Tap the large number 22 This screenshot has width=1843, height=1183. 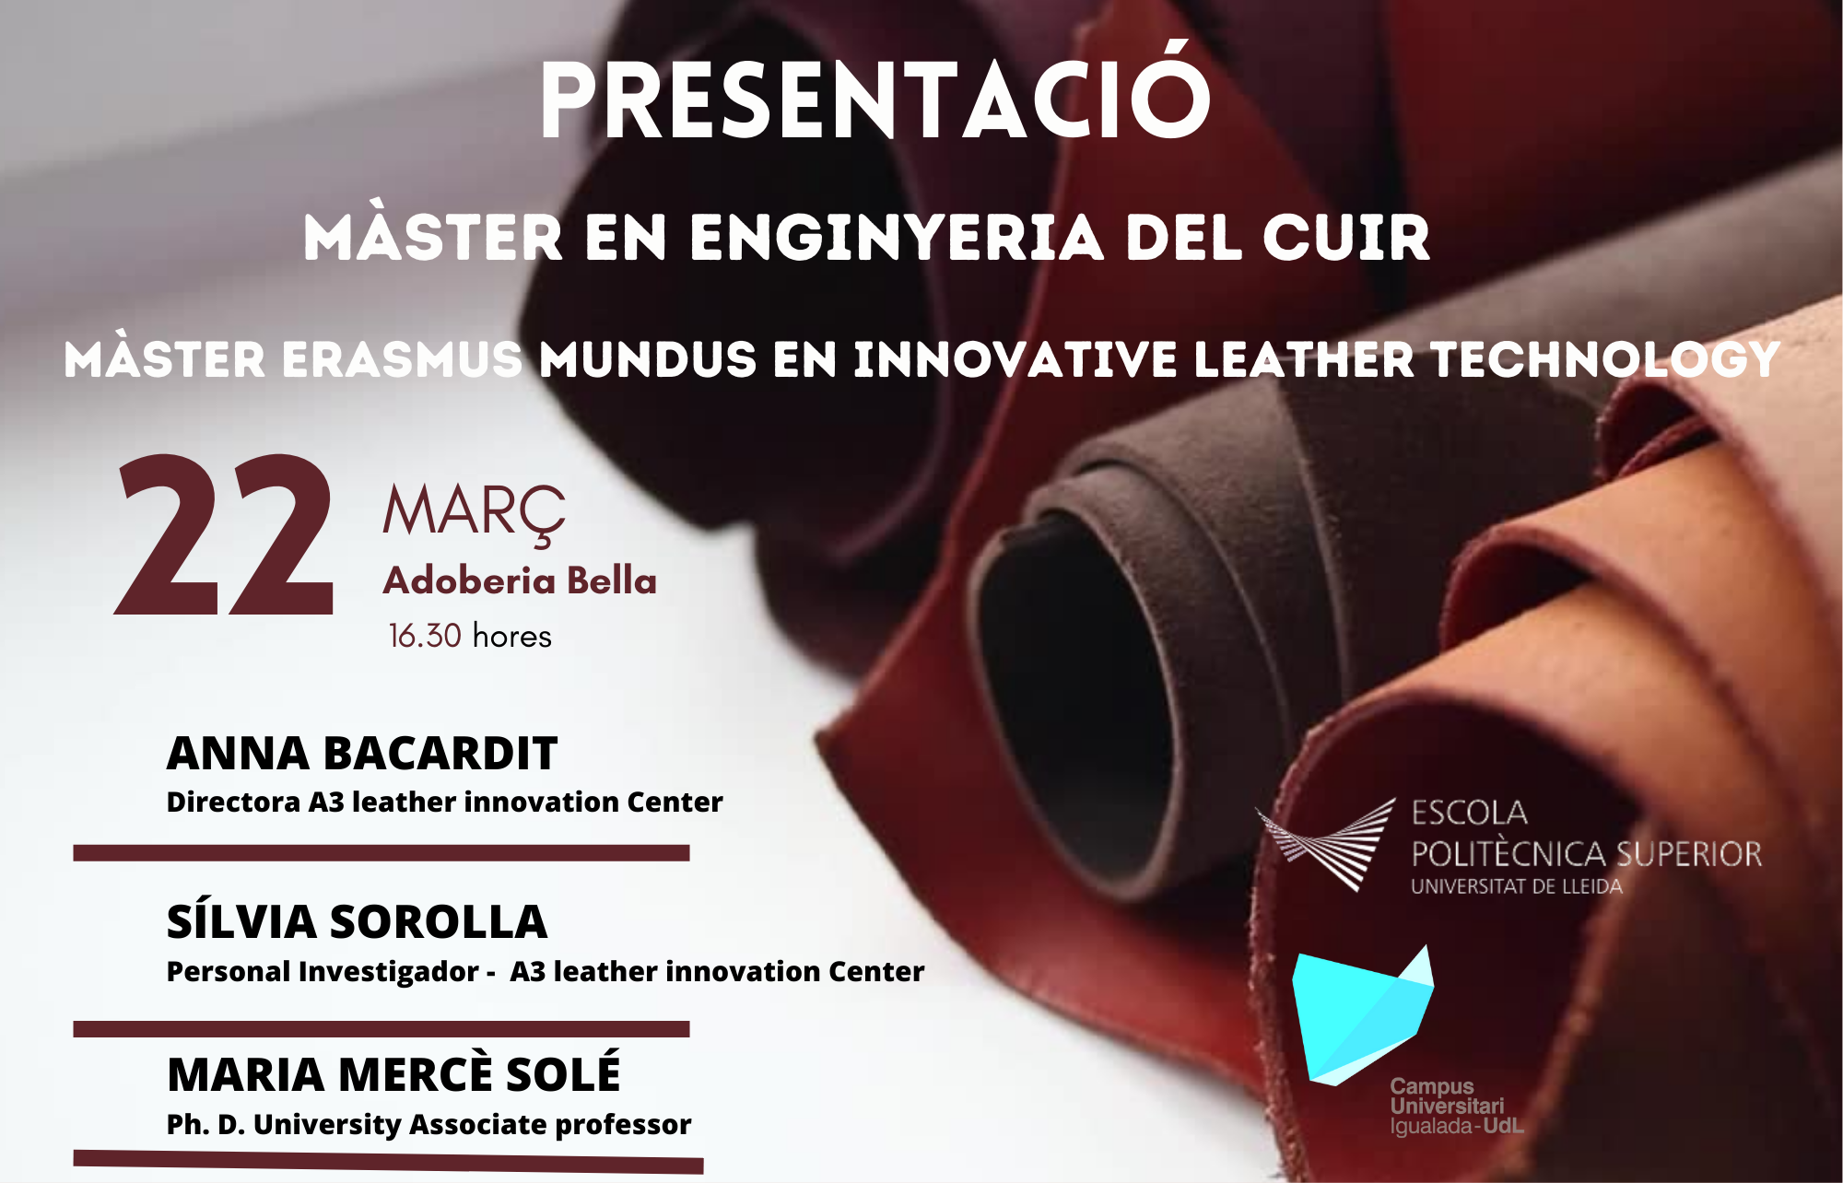[x=224, y=534]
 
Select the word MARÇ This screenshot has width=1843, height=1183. [x=474, y=514]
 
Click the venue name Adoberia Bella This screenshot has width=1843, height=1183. [x=520, y=580]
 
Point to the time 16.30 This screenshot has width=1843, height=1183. [x=425, y=636]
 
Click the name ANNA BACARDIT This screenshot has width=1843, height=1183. [x=362, y=753]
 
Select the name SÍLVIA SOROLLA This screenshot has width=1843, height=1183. [x=357, y=921]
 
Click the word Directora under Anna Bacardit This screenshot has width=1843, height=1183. [x=233, y=802]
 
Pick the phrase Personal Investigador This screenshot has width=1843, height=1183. [x=323, y=971]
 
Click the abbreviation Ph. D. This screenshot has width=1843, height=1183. [x=205, y=1124]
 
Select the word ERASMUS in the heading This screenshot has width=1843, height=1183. [x=403, y=359]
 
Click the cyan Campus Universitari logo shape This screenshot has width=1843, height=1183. [x=1362, y=1017]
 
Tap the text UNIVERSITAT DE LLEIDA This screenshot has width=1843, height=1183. [x=1516, y=886]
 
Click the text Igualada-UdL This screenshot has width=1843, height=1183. [x=1456, y=1126]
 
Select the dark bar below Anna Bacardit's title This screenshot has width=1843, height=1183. [x=382, y=853]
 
